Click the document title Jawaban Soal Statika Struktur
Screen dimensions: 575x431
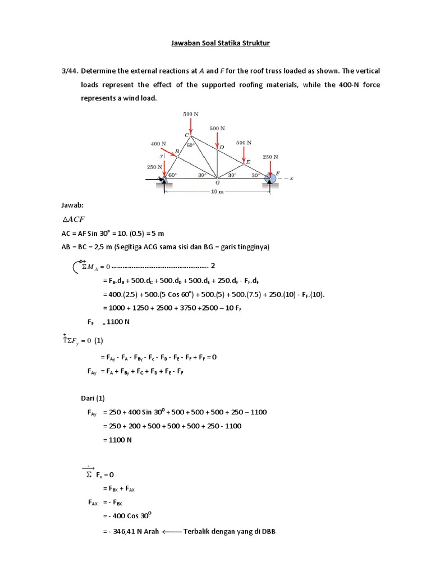[215, 43]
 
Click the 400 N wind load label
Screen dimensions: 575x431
[159, 144]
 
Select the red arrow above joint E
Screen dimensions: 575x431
[244, 153]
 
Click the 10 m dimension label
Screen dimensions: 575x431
[217, 192]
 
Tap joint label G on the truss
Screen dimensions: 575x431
[217, 182]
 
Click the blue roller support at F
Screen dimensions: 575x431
[270, 178]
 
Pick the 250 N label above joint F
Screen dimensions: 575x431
[270, 157]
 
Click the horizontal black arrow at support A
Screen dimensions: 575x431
[153, 180]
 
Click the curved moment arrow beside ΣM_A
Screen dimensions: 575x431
[77, 266]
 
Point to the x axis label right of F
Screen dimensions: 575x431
[292, 179]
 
